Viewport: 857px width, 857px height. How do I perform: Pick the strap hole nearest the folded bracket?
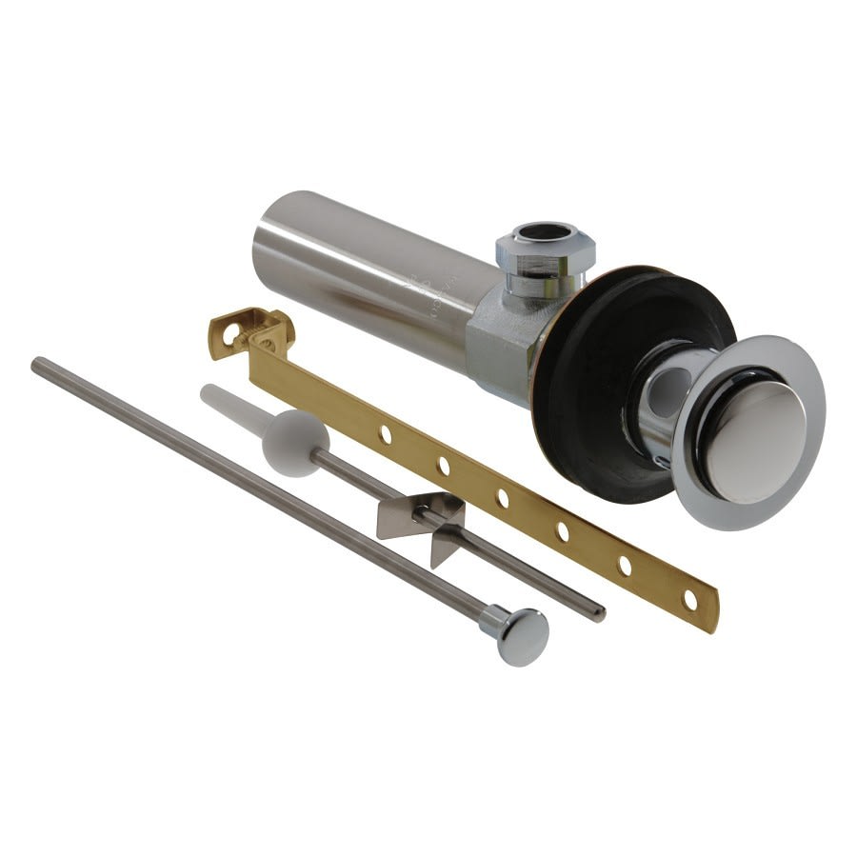coord(385,434)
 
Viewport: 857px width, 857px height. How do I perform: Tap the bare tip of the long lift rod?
coord(38,363)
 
